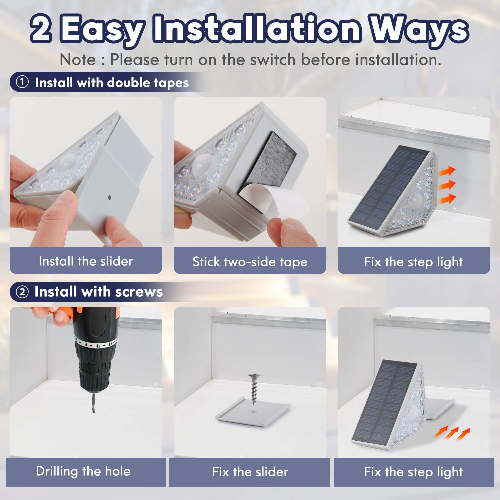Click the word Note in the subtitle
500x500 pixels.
77,60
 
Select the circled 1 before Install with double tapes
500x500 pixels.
22,83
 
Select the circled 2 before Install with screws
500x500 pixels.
22,292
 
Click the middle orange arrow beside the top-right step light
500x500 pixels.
447,184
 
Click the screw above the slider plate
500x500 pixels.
254,388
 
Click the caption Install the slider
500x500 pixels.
86,261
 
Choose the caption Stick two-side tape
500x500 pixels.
250,262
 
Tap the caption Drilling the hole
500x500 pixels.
83,471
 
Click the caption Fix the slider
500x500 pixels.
250,472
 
